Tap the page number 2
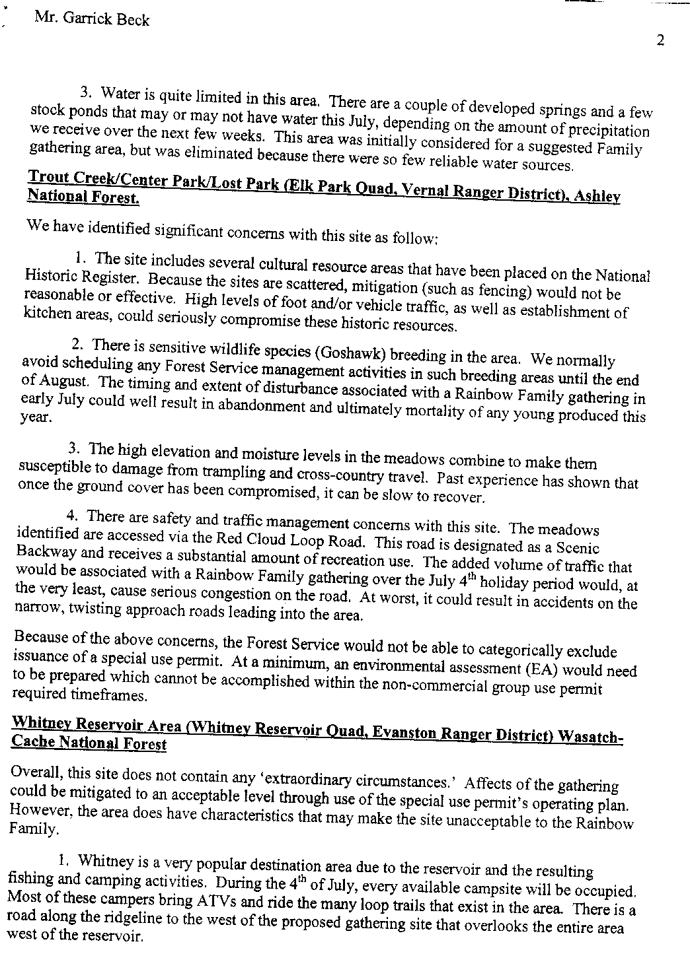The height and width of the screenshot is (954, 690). tap(660, 41)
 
